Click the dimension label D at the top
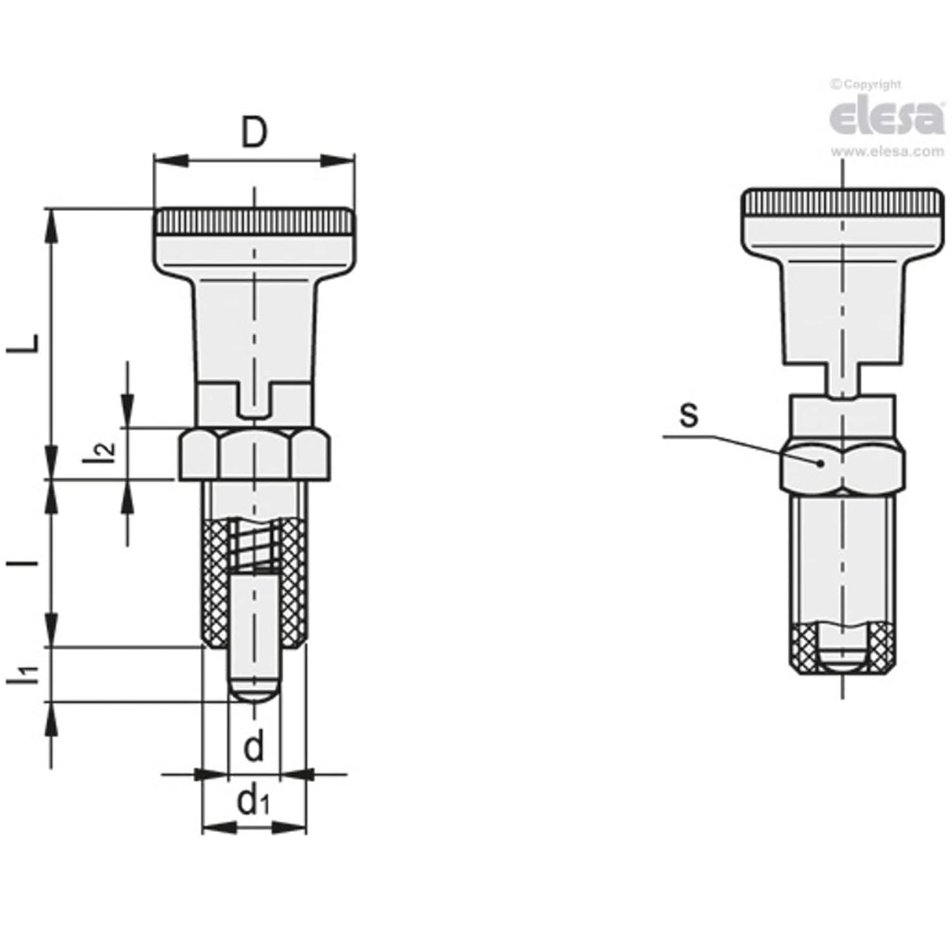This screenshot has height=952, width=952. point(253,134)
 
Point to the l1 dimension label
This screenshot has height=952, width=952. point(25,674)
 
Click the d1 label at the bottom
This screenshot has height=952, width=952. point(253,801)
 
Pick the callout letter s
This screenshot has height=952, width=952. point(688,416)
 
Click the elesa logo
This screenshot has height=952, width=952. point(886,118)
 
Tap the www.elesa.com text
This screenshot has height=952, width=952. point(887,152)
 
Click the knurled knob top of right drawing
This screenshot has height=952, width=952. point(842,205)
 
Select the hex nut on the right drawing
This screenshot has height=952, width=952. point(842,466)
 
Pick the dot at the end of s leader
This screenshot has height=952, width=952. point(820,463)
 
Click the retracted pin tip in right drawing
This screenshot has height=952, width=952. point(842,659)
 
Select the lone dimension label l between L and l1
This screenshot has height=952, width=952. point(25,564)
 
